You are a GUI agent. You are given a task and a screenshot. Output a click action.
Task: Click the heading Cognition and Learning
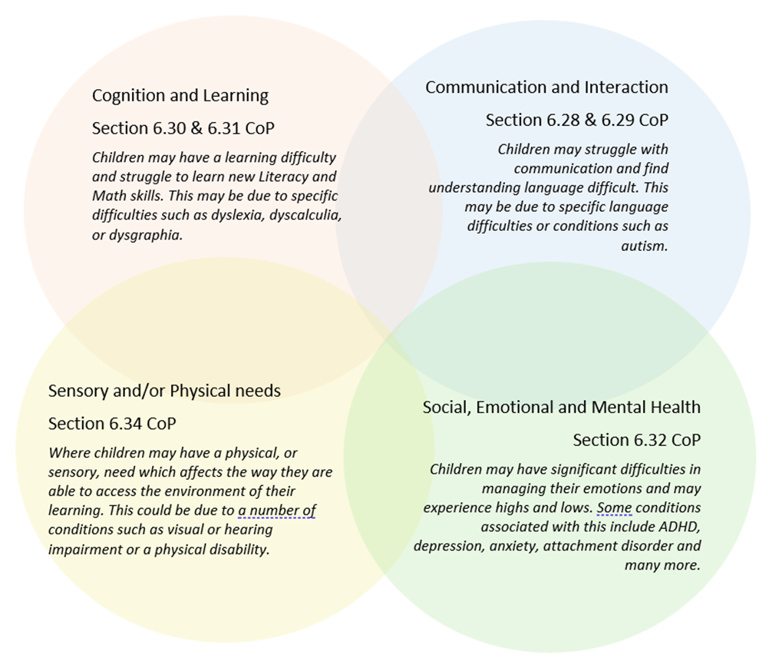[180, 96]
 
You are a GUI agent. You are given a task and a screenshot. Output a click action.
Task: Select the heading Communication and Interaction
[546, 88]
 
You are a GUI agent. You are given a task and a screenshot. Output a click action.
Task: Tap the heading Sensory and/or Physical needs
[164, 391]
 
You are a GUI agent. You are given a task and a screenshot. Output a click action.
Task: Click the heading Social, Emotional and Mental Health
[561, 408]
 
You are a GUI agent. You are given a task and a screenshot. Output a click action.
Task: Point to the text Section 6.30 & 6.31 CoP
[183, 128]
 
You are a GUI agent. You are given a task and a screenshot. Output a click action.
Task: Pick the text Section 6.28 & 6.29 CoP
[576, 121]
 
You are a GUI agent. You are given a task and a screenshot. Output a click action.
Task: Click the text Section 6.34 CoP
[112, 424]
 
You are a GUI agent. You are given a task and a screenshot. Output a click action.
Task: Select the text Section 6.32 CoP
[636, 441]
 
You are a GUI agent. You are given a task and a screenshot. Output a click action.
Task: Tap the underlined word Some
[614, 508]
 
